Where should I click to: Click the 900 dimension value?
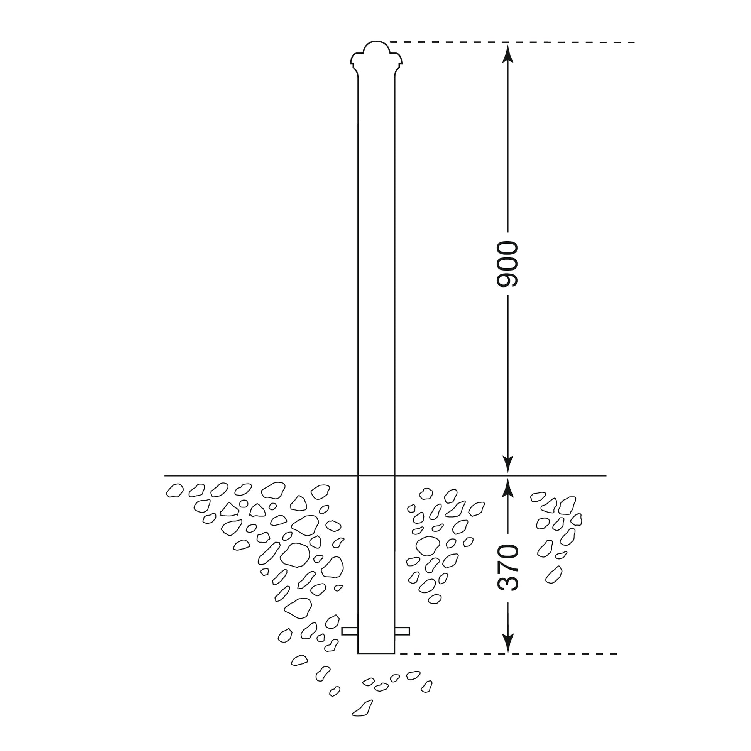[x=507, y=264]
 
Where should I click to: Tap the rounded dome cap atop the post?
[x=376, y=48]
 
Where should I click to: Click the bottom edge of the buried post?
[x=376, y=653]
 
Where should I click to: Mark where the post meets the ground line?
[x=376, y=475]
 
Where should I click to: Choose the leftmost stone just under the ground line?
[x=174, y=491]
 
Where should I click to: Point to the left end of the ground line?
[x=166, y=475]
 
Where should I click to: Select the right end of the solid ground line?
[x=605, y=475]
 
